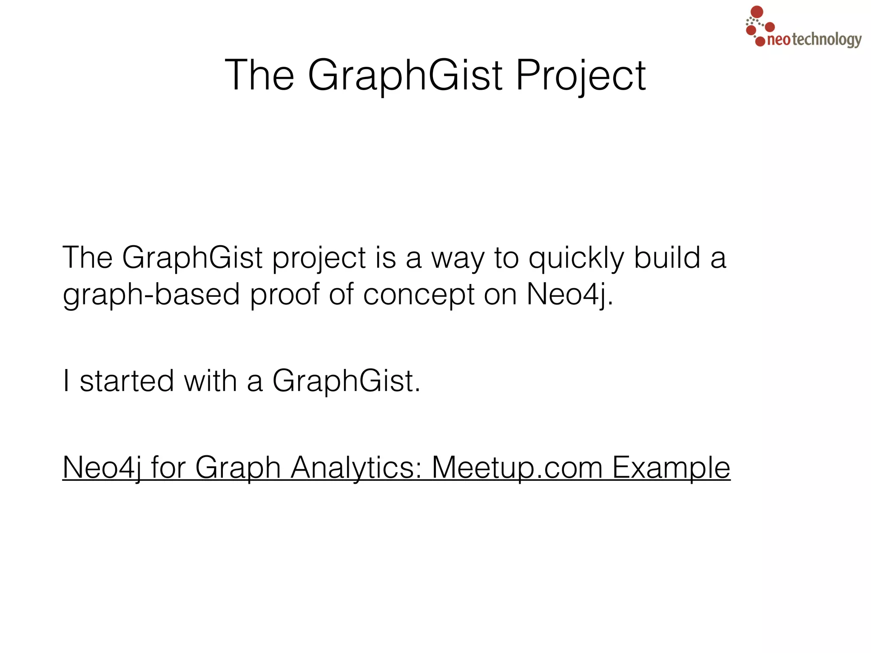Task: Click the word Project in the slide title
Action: click(x=581, y=76)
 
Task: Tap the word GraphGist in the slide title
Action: click(x=405, y=76)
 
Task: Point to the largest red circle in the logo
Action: click(x=757, y=12)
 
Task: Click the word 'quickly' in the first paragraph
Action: click(x=576, y=258)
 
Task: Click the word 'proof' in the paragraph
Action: click(x=285, y=295)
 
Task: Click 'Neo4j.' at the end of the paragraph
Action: click(x=570, y=295)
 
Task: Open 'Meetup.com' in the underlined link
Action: click(x=517, y=468)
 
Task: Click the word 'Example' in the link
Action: click(x=671, y=468)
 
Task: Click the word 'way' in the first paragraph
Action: click(x=458, y=258)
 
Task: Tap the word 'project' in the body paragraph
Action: click(x=319, y=258)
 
